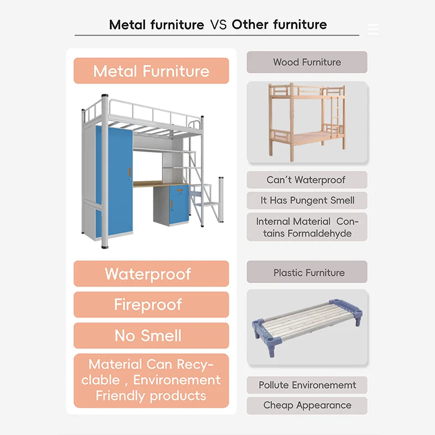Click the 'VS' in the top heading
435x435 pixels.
[218, 24]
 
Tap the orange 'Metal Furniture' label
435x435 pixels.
[151, 71]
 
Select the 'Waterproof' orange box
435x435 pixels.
[151, 274]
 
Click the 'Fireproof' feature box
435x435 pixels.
[151, 304]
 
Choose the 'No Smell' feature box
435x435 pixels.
[151, 335]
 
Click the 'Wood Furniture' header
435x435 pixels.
[307, 62]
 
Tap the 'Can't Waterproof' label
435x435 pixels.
[307, 180]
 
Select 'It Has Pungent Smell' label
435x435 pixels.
[307, 201]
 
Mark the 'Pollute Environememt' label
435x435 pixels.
[307, 385]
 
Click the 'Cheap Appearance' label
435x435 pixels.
[307, 405]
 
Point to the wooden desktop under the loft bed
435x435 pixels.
[158, 184]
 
